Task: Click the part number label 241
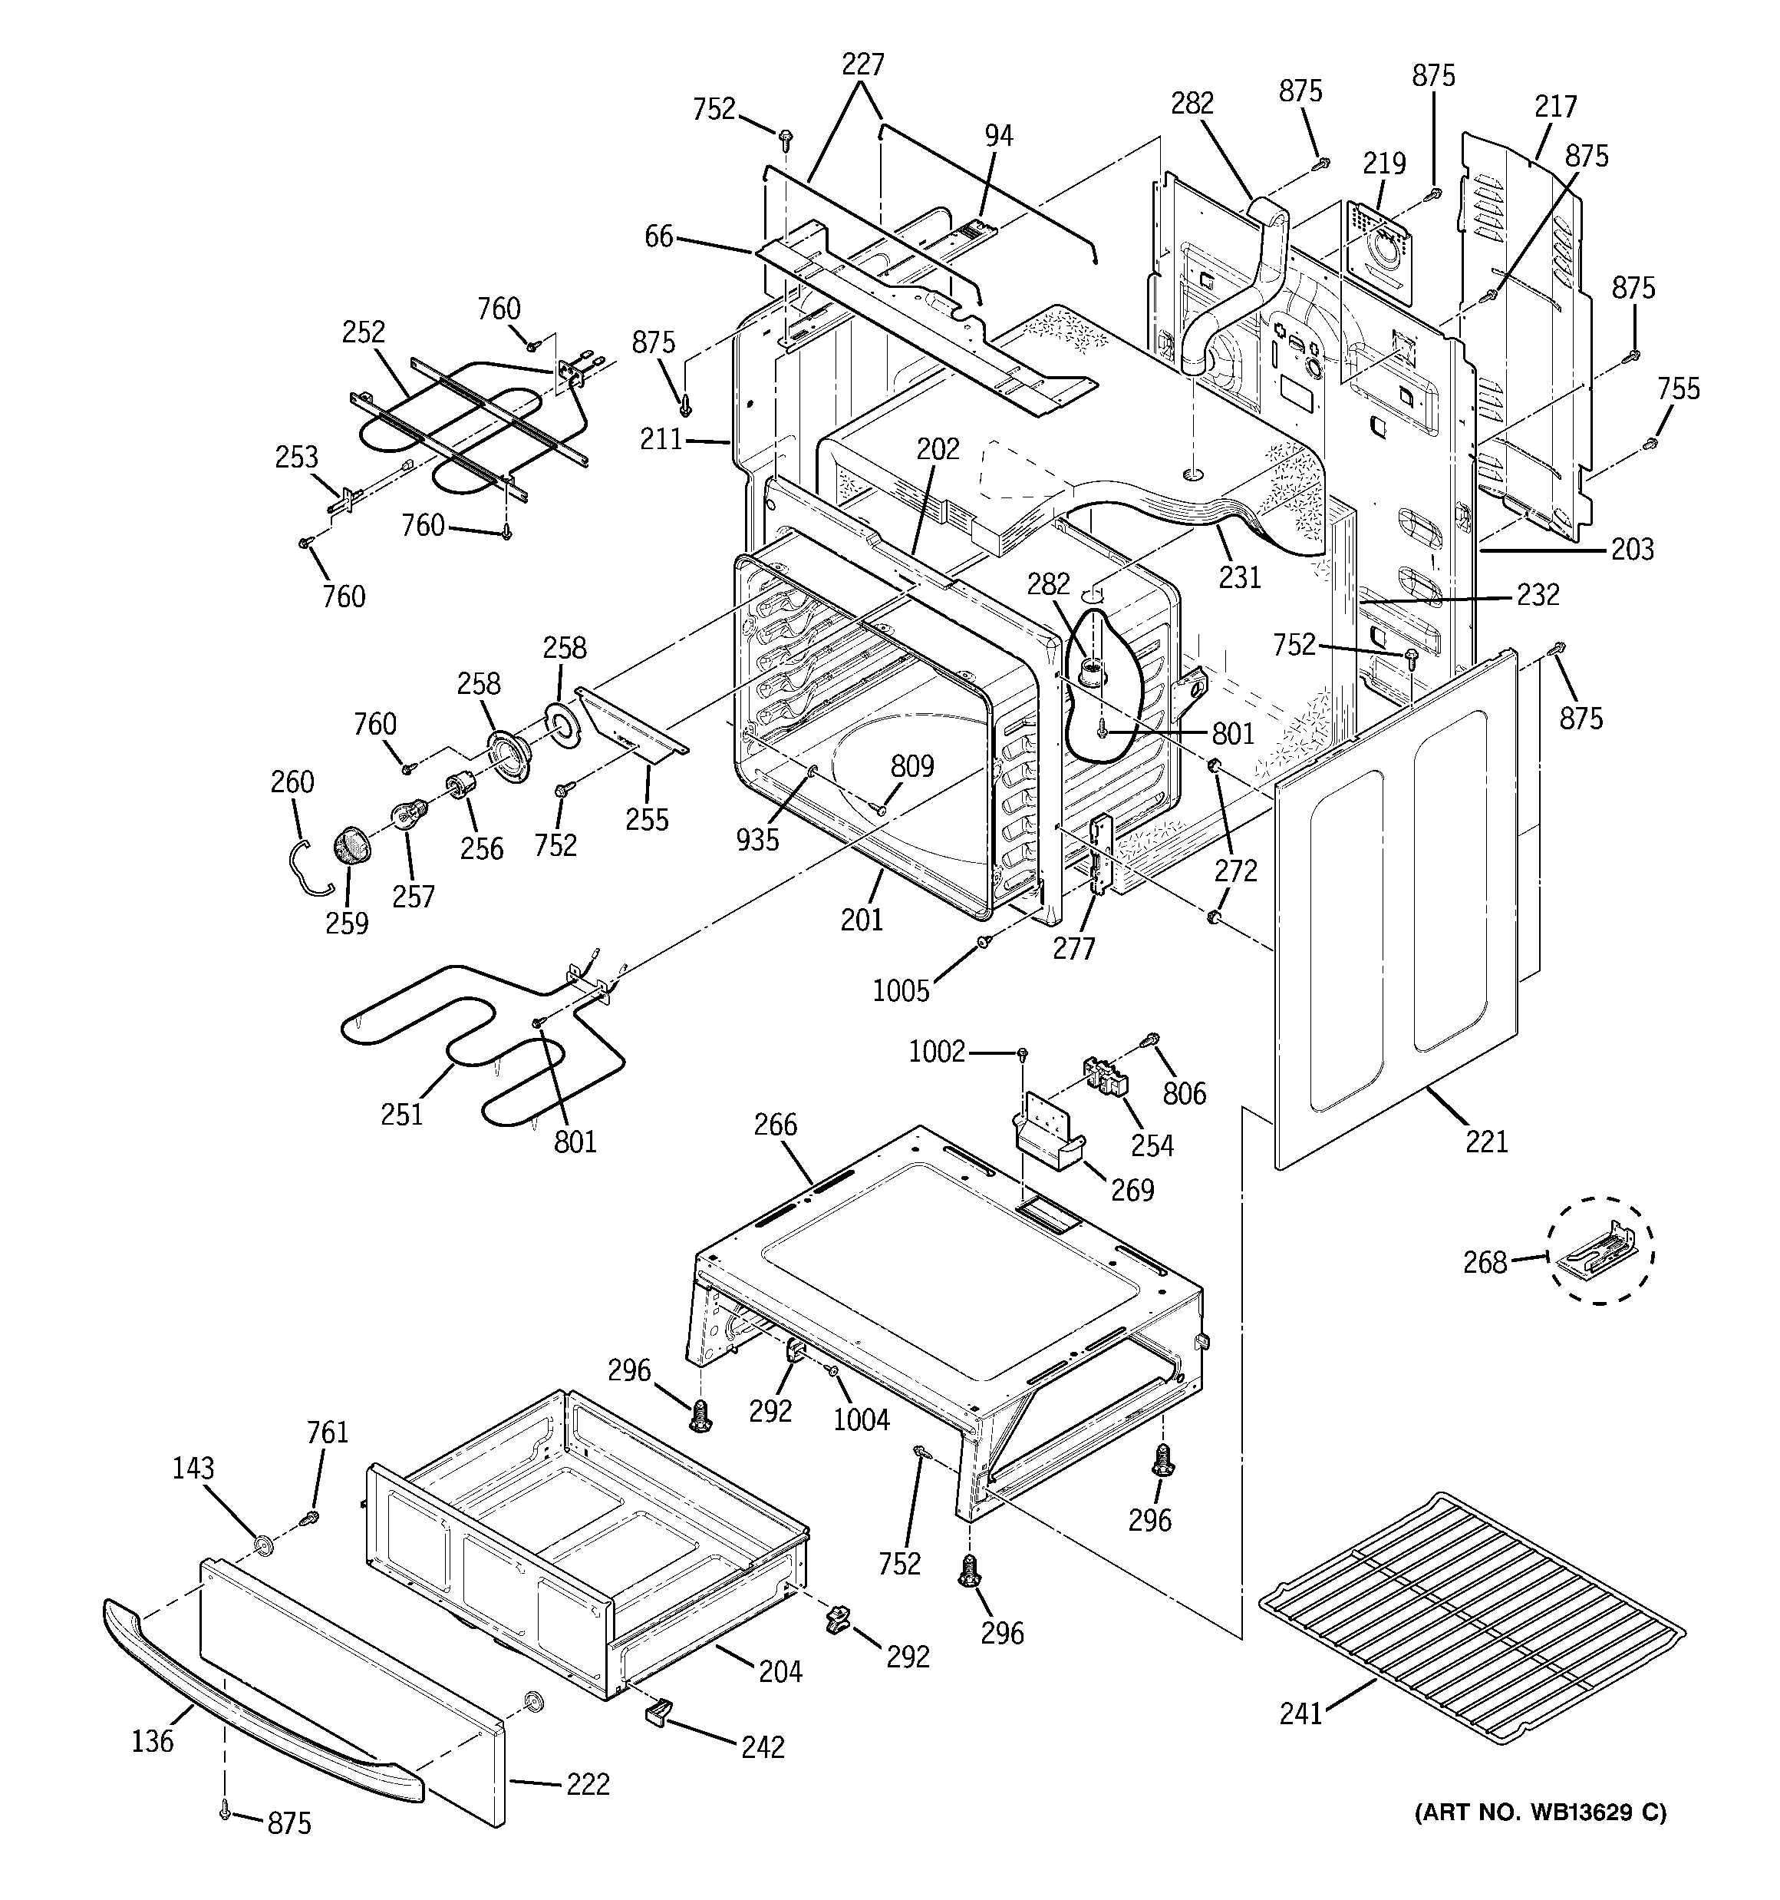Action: [x=1300, y=1740]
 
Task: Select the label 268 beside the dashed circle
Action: [x=1485, y=1263]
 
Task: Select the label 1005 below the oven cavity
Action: [x=901, y=991]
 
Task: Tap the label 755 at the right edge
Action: [x=1678, y=389]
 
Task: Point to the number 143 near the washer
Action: [x=193, y=1468]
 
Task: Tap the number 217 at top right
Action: [x=1555, y=106]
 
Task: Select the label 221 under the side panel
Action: [x=1487, y=1140]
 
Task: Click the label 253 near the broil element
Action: [x=296, y=457]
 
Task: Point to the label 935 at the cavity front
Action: [x=758, y=839]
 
